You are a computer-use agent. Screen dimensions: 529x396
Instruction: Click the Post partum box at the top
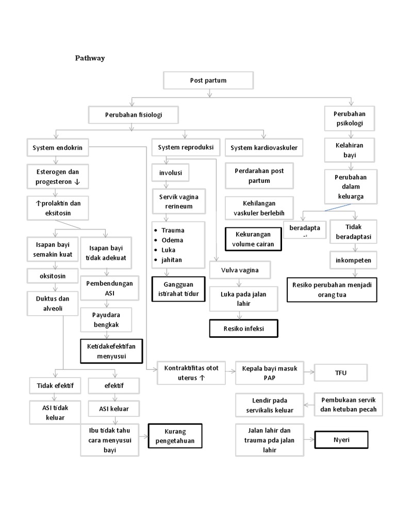208,81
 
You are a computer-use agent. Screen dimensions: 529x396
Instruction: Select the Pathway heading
90,58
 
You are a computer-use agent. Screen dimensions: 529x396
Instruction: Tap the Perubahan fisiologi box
133,115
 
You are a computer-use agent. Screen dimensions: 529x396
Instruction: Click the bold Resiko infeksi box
243,328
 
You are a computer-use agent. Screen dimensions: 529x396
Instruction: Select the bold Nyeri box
341,440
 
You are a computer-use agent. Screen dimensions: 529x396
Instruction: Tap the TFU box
340,372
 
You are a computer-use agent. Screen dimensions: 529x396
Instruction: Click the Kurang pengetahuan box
175,435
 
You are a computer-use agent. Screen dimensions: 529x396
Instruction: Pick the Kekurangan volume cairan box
253,240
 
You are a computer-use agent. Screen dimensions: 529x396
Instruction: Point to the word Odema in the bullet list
172,240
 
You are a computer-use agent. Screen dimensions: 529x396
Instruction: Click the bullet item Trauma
173,230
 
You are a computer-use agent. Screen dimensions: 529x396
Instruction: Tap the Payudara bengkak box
106,320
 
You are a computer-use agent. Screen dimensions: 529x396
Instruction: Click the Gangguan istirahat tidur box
178,289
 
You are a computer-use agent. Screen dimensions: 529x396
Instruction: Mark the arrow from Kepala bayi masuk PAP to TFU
309,372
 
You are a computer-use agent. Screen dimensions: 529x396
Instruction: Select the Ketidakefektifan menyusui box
111,351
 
